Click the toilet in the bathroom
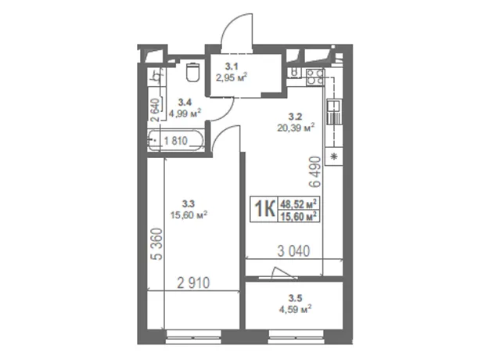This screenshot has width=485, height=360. (x=193, y=72)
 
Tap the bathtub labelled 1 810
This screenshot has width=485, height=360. (x=176, y=141)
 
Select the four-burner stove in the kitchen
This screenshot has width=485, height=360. (x=315, y=77)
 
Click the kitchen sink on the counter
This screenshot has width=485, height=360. (x=334, y=112)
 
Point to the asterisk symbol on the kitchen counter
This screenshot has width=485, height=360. (x=334, y=157)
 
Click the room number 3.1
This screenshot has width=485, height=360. (x=232, y=67)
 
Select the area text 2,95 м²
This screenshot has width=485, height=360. (x=232, y=77)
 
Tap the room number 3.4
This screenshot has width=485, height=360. (x=185, y=103)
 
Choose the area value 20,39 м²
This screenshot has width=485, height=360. (x=296, y=128)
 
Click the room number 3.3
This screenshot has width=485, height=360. (x=188, y=203)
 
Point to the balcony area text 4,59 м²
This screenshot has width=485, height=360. (x=296, y=309)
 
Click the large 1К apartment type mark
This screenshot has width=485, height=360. (x=264, y=209)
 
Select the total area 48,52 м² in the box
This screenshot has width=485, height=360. (x=299, y=204)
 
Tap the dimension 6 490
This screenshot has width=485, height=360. (x=315, y=172)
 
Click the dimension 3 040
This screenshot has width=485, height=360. (x=293, y=251)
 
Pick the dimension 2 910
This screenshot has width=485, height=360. (x=193, y=283)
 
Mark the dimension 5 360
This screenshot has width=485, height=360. (x=156, y=244)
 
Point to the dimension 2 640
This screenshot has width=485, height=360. (x=155, y=110)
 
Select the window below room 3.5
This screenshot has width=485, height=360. (x=296, y=337)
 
